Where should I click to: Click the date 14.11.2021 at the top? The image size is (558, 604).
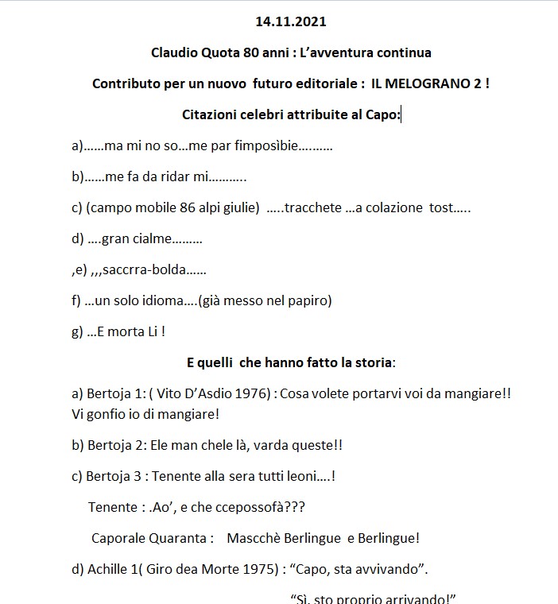pyautogui.click(x=291, y=22)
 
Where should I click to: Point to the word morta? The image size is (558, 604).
pyautogui.click(x=127, y=331)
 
